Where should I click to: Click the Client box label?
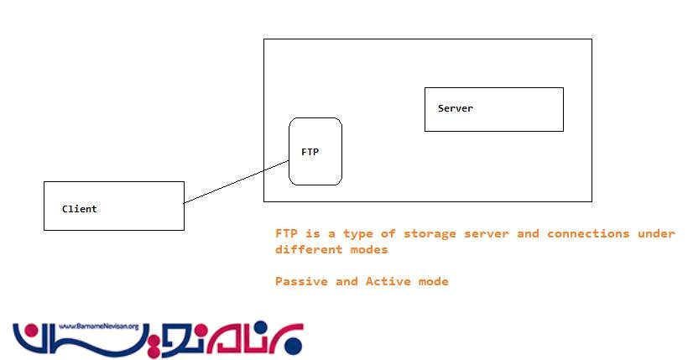[80, 209]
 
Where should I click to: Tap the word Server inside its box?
[456, 108]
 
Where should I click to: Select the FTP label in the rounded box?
[310, 152]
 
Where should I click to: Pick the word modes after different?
[370, 250]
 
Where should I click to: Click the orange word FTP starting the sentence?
[284, 233]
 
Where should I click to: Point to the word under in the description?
[656, 233]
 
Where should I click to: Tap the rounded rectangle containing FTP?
[315, 172]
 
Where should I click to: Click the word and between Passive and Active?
[346, 282]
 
